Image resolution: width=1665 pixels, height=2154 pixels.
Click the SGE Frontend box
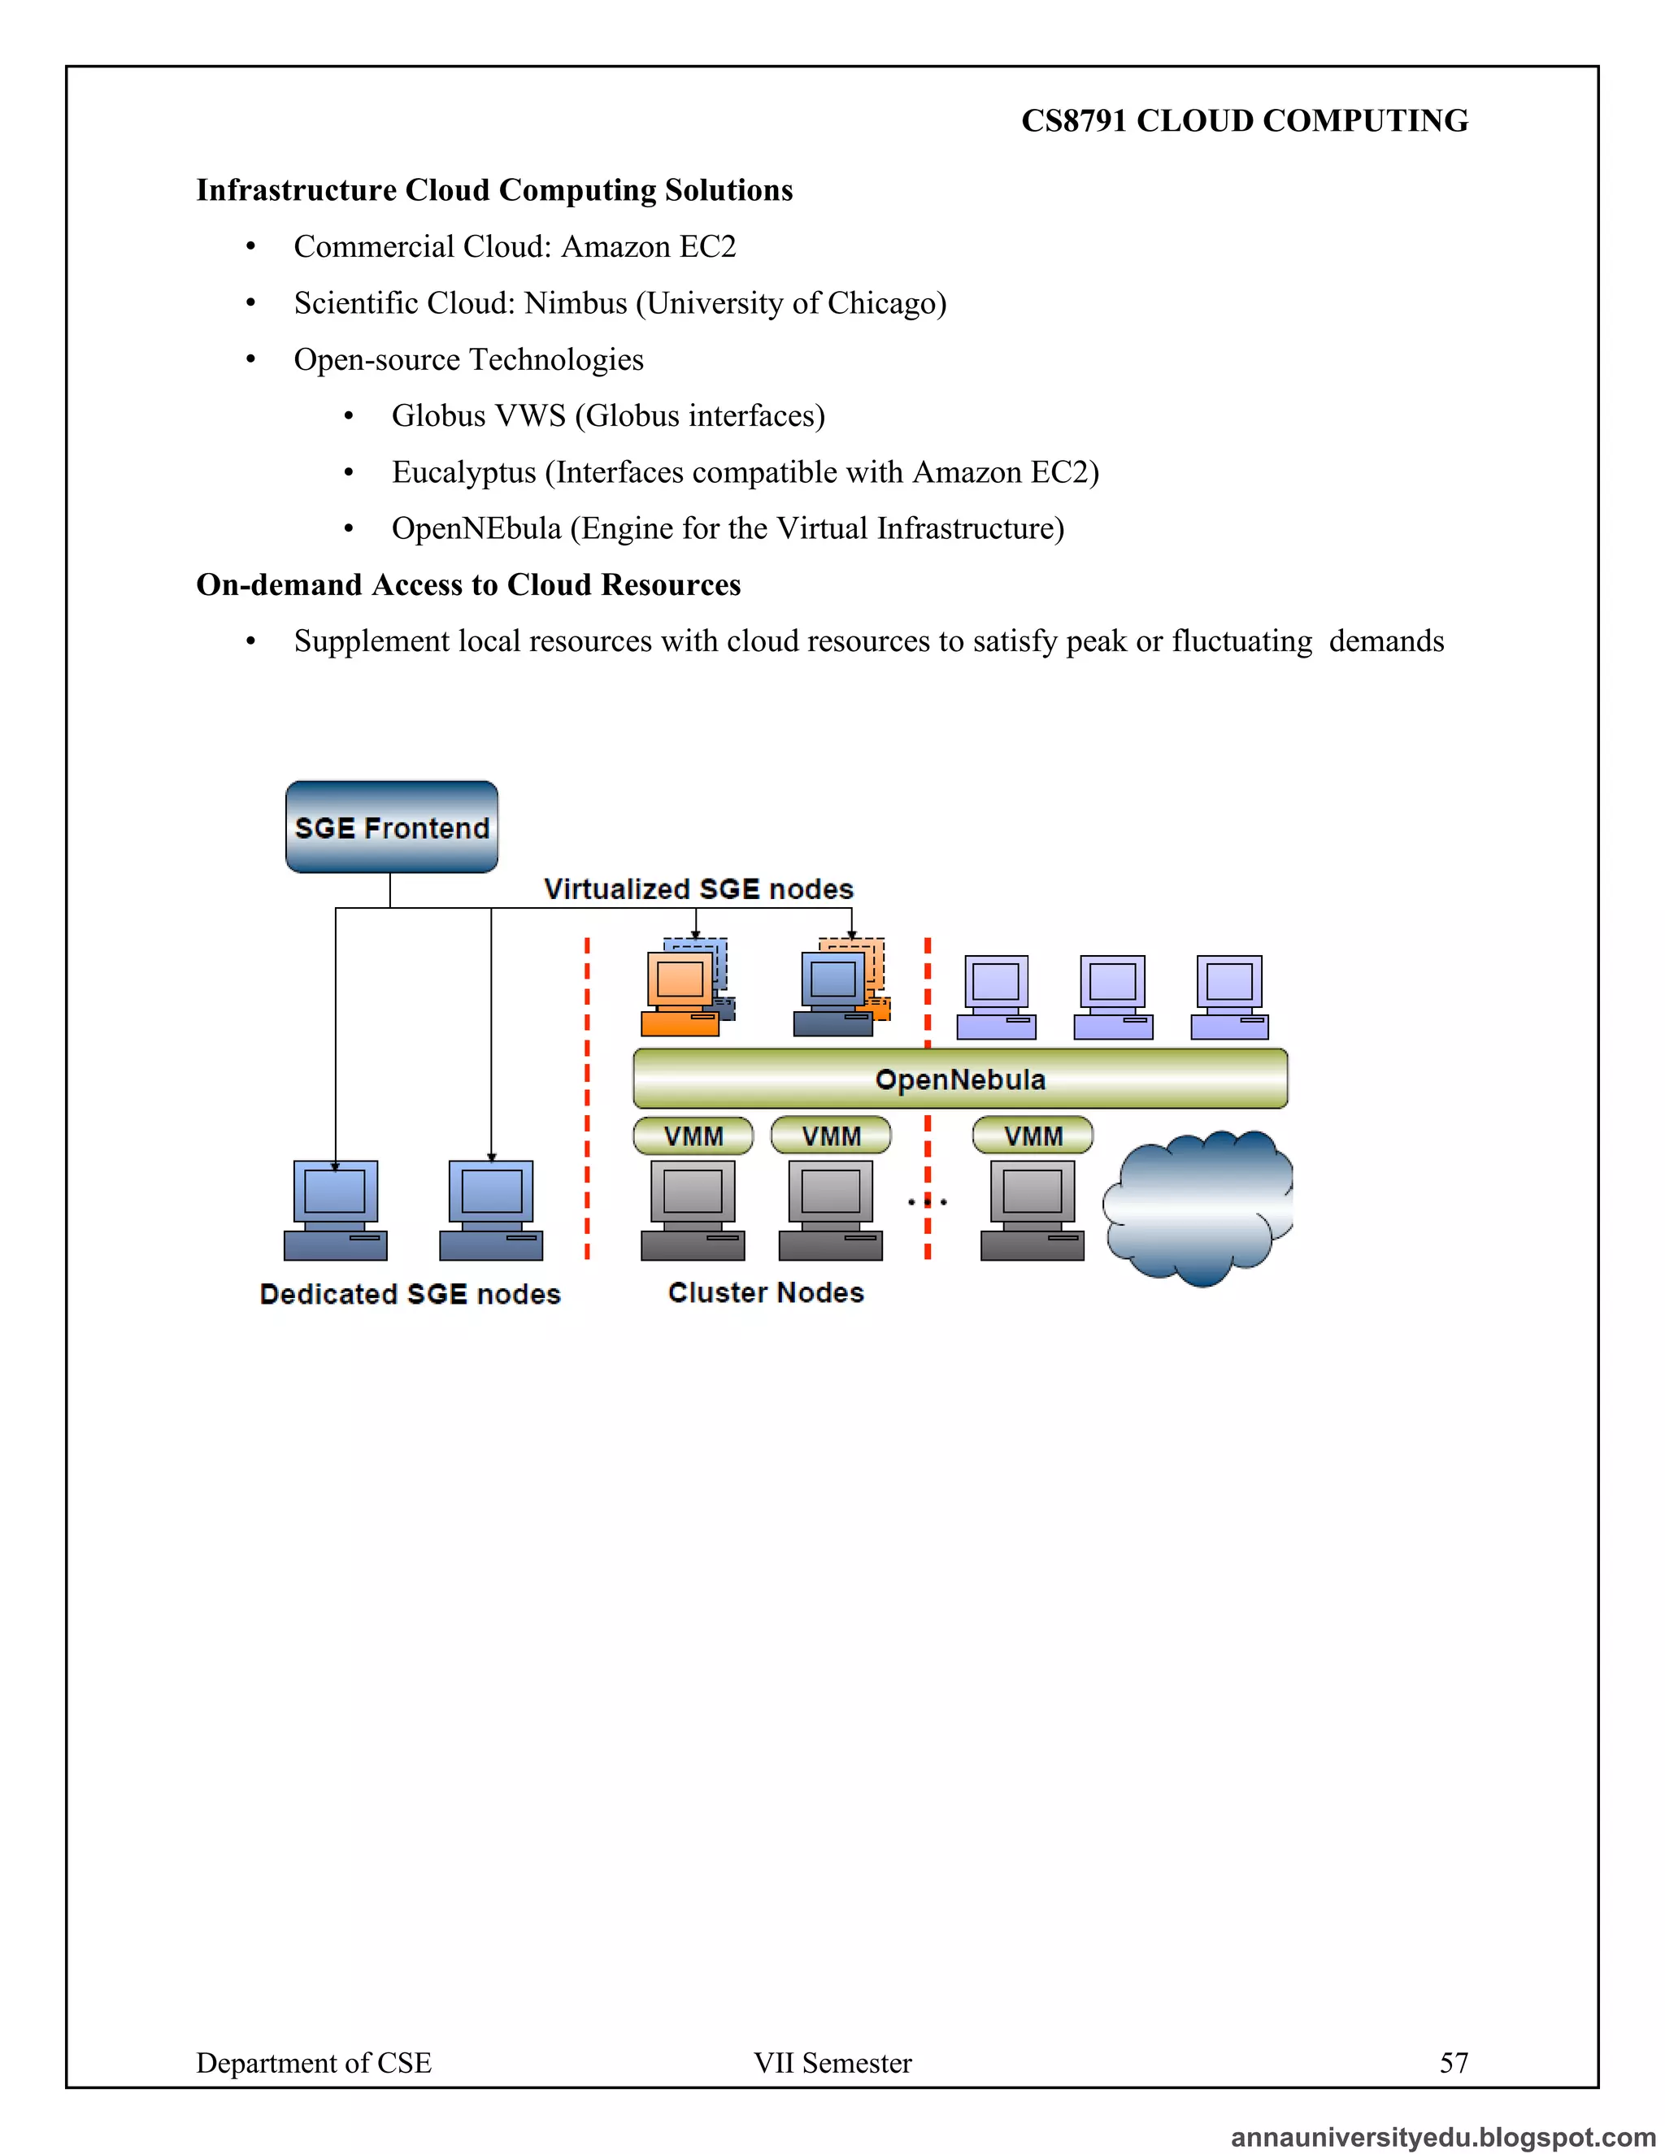[x=392, y=827]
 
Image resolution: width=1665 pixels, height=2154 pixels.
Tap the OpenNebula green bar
[x=960, y=1079]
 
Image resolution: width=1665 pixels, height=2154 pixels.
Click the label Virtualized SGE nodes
[x=698, y=888]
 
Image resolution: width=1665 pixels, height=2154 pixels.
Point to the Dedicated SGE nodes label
[x=410, y=1294]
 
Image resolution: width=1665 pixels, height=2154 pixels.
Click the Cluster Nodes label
[x=765, y=1292]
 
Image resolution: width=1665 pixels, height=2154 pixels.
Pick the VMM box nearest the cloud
[x=1032, y=1136]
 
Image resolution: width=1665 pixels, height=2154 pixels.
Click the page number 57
[x=1453, y=2062]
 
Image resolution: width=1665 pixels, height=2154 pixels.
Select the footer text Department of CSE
[x=314, y=2062]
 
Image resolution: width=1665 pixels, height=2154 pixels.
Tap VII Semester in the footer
[x=832, y=2062]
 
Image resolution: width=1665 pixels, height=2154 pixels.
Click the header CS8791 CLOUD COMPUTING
[x=1244, y=120]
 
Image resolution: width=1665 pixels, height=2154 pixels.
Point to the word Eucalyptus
[x=463, y=472]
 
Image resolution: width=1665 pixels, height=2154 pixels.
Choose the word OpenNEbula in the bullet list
[x=476, y=528]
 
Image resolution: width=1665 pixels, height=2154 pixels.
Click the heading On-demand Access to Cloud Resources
[x=468, y=585]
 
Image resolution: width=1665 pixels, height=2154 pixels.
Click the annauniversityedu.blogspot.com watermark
[x=1443, y=2136]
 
